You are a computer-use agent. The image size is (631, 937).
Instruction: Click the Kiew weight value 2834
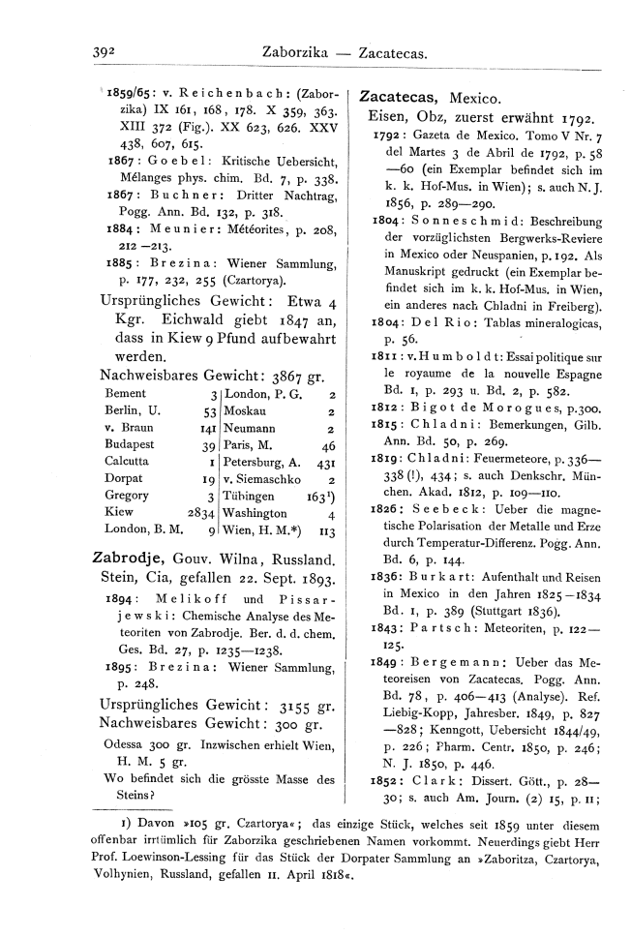(x=201, y=513)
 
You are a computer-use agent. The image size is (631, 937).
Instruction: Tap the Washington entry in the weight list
(x=255, y=513)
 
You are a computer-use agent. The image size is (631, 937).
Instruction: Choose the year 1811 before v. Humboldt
(x=385, y=357)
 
